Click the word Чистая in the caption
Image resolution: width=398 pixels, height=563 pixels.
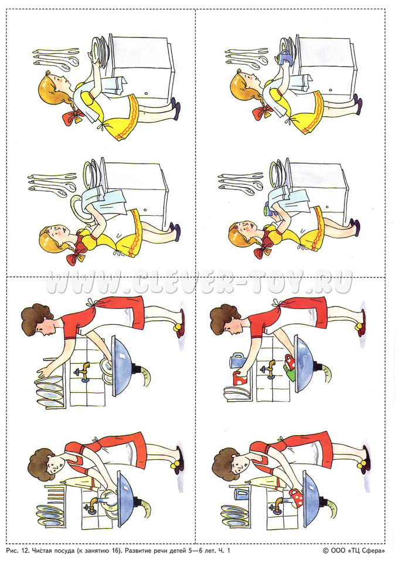43,550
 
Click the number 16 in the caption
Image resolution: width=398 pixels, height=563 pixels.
116,550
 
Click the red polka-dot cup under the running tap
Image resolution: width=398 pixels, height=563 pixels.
295,498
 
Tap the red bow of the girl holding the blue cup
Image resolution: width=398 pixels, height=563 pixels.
262,111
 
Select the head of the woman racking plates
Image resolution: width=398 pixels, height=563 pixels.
38,320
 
